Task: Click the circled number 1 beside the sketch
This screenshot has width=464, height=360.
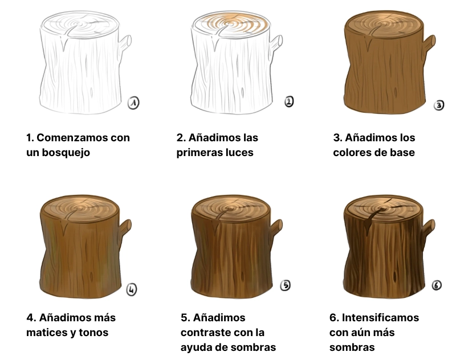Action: pyautogui.click(x=133, y=103)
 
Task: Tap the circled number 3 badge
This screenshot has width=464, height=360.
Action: pyautogui.click(x=439, y=105)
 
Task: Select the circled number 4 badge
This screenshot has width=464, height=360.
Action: pyautogui.click(x=132, y=289)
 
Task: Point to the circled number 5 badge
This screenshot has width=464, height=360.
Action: pyautogui.click(x=286, y=285)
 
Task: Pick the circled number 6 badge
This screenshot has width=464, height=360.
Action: pyautogui.click(x=437, y=285)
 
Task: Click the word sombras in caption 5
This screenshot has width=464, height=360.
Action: pyautogui.click(x=251, y=347)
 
